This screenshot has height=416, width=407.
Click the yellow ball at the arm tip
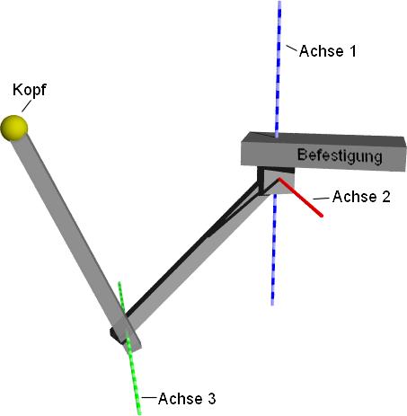click(14, 128)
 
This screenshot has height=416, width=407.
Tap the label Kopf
click(30, 90)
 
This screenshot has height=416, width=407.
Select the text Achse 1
click(328, 51)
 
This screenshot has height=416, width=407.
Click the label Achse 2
click(361, 197)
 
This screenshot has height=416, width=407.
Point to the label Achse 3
click(187, 399)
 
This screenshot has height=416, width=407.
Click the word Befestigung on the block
click(340, 155)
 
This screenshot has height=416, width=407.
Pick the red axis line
click(300, 197)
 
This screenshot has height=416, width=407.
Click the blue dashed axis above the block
click(279, 69)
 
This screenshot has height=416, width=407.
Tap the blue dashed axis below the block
click(274, 249)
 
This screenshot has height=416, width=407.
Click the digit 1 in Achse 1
click(353, 51)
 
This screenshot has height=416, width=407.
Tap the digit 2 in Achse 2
click(386, 197)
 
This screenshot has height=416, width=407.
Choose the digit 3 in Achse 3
click(211, 399)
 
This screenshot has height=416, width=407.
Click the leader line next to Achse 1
click(292, 49)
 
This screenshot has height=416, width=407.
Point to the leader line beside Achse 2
click(321, 199)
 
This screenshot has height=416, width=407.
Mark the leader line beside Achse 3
click(149, 398)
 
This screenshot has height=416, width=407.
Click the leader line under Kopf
click(26, 107)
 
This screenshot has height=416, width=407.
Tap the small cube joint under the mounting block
click(276, 181)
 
